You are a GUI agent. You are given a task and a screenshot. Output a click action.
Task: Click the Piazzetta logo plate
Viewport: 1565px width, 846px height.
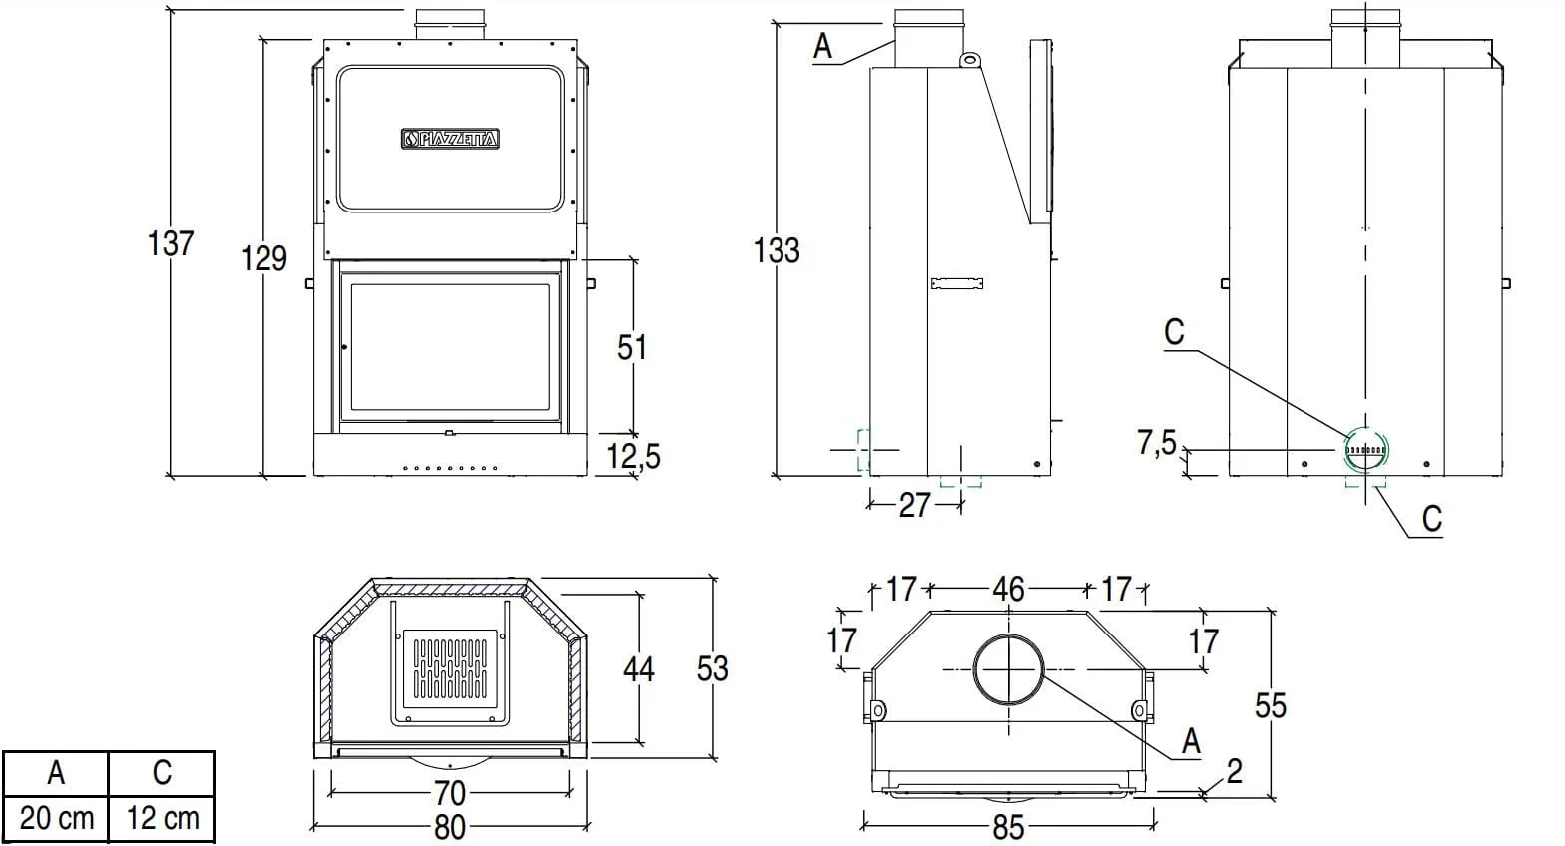pos(450,140)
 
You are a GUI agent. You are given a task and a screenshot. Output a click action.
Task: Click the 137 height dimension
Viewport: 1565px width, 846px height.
pos(171,242)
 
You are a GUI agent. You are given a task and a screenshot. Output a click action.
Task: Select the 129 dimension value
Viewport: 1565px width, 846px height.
pos(264,258)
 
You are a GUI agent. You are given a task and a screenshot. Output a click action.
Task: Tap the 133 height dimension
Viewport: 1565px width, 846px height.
pos(777,249)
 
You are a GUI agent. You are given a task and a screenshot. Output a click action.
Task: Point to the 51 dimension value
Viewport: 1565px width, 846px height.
pos(632,347)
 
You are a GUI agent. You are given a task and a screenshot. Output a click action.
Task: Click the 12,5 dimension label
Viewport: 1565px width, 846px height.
pos(634,456)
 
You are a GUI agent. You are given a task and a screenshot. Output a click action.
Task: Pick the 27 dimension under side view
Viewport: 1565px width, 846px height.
pos(914,505)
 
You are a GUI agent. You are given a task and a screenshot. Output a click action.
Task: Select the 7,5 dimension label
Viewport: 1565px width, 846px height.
pos(1157,441)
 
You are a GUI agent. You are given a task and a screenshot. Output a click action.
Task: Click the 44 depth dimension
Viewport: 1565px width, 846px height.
pos(639,668)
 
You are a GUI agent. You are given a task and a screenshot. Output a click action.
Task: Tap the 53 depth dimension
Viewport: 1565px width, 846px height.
pos(712,668)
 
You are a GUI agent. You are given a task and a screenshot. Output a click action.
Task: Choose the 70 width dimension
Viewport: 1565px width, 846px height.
pos(450,793)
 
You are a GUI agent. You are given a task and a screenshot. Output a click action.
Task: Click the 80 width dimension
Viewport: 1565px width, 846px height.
pos(450,827)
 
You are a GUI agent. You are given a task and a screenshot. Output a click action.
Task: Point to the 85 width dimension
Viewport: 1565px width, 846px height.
pos(1008,827)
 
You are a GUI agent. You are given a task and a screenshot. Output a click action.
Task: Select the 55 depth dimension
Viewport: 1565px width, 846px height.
pos(1270,706)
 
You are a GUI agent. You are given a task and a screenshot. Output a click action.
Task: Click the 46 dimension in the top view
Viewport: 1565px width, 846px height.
pos(1008,589)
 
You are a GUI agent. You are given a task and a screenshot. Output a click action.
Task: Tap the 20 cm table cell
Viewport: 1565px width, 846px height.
pos(56,819)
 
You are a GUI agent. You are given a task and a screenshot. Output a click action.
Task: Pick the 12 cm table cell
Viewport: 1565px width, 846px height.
pos(162,819)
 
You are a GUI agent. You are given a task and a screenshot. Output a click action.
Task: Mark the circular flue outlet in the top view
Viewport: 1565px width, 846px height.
pos(1009,669)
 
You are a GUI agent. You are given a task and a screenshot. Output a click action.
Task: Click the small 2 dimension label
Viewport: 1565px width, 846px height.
pos(1235,771)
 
